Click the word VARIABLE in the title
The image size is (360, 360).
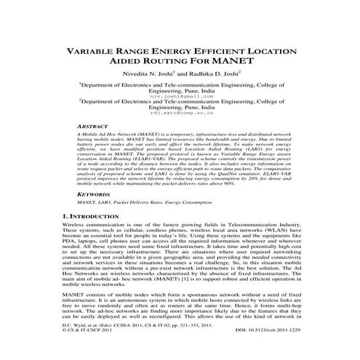click(x=92, y=53)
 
